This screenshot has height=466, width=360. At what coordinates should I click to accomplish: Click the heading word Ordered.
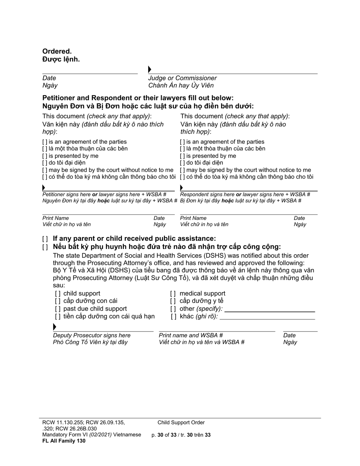pyautogui.click(x=57, y=51)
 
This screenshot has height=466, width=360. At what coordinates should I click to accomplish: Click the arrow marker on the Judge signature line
pyautogui.click(x=150, y=69)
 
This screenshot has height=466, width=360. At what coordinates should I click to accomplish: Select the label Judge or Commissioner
pyautogui.click(x=182, y=78)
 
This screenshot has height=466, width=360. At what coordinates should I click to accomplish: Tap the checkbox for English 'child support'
pyautogui.click(x=58, y=294)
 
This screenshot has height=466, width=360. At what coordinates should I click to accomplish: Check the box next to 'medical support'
pyautogui.click(x=173, y=294)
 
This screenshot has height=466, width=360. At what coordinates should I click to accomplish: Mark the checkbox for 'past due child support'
pyautogui.click(x=58, y=309)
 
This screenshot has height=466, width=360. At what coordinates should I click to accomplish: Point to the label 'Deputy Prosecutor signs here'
pyautogui.click(x=92, y=335)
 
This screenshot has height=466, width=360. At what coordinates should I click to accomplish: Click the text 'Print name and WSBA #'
pyautogui.click(x=191, y=335)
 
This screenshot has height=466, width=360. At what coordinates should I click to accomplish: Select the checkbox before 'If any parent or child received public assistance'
pyautogui.click(x=45, y=239)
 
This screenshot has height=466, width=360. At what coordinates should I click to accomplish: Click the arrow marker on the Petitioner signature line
pyautogui.click(x=44, y=188)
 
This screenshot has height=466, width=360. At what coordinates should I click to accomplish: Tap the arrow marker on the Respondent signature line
pyautogui.click(x=182, y=188)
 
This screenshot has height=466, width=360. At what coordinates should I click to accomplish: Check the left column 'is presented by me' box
pyautogui.click(x=45, y=156)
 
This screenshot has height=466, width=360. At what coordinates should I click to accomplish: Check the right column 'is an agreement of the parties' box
pyautogui.click(x=183, y=142)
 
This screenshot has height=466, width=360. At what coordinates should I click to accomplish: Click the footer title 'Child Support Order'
pyautogui.click(x=181, y=422)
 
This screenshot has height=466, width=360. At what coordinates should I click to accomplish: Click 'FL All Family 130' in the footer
pyautogui.click(x=64, y=441)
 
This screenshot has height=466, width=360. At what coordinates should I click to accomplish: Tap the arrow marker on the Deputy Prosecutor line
pyautogui.click(x=55, y=327)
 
